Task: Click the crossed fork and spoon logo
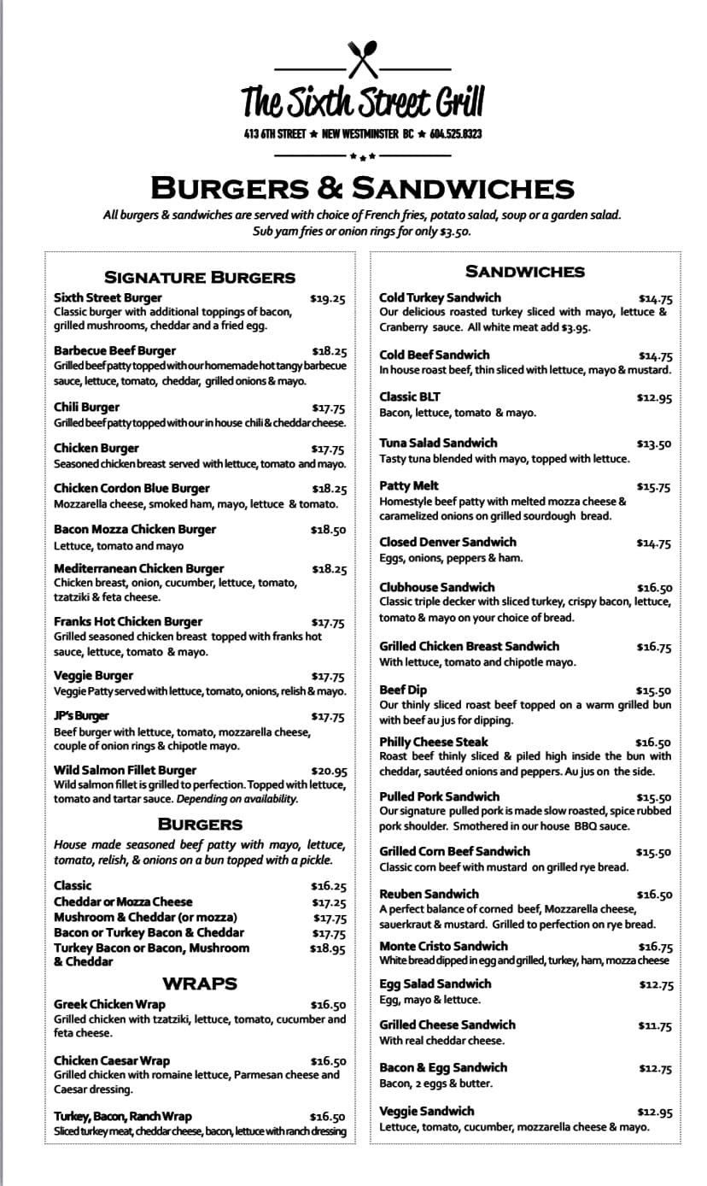tap(363, 59)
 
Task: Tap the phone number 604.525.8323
tap(456, 134)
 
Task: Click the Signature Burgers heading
tap(200, 277)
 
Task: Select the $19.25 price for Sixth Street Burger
tap(328, 299)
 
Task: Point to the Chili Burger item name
tap(86, 407)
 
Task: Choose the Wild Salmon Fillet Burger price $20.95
tap(329, 771)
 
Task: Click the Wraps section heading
tap(200, 983)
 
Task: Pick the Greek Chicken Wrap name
tap(109, 1004)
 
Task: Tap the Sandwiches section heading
tap(524, 272)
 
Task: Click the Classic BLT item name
tap(410, 396)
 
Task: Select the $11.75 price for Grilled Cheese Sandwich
tap(655, 1026)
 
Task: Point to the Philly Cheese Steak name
tap(434, 742)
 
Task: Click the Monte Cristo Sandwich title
tap(443, 946)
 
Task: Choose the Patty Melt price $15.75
tap(654, 487)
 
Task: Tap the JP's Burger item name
tap(81, 716)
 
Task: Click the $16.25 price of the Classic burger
tap(329, 887)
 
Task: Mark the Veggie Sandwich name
tap(426, 1111)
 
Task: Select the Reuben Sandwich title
tap(429, 894)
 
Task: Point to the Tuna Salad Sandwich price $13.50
tap(654, 444)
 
